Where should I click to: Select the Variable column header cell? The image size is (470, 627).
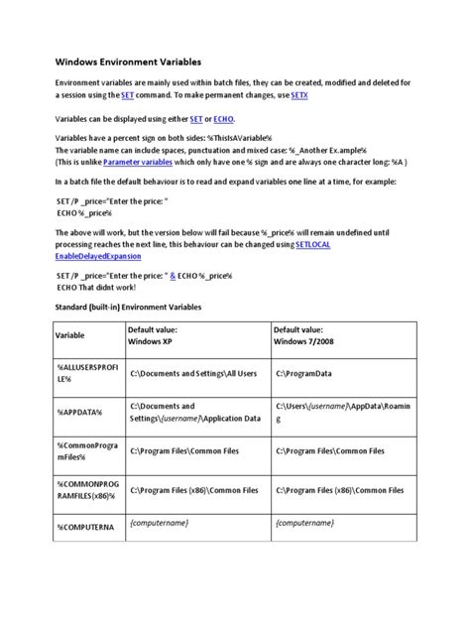click(69, 335)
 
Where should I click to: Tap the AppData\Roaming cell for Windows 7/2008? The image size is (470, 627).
click(339, 413)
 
